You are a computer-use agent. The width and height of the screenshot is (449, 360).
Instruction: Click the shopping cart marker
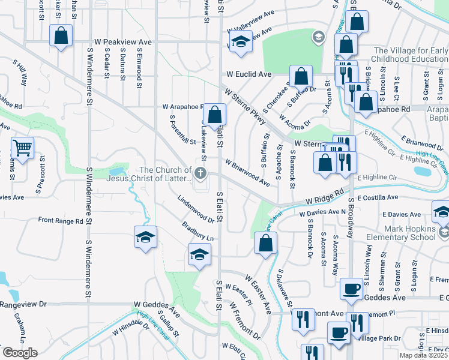(22, 147)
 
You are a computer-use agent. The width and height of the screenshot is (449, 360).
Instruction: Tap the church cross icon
(199, 174)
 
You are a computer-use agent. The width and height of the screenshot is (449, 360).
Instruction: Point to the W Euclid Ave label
(249, 74)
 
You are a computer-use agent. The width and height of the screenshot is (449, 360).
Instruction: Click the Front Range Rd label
(61, 221)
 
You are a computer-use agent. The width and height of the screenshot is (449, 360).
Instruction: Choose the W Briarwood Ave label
(247, 172)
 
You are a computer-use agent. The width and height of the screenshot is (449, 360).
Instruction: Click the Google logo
(19, 353)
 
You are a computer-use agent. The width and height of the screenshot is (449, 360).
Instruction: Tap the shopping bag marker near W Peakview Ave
(61, 35)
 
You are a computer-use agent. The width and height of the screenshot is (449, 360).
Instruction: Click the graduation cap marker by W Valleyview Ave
(241, 42)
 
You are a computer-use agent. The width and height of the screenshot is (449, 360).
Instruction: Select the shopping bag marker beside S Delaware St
(265, 244)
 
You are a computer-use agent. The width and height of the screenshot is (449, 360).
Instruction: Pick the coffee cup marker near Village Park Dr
(339, 332)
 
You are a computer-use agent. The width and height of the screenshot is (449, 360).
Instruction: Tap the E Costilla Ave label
(378, 197)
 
